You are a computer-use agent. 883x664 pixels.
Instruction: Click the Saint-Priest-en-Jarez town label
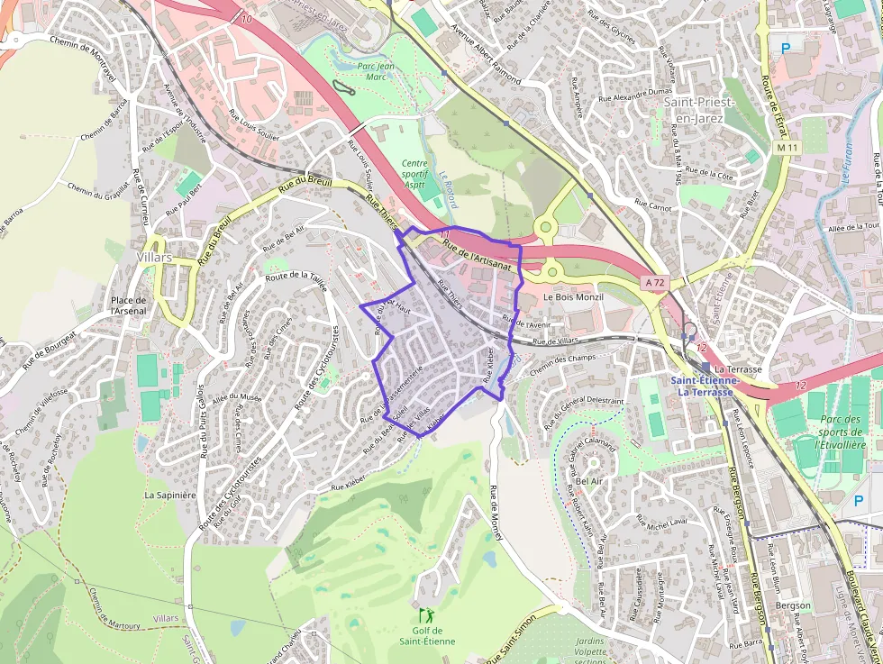(x=698, y=110)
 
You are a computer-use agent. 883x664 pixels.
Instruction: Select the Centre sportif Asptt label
(x=414, y=172)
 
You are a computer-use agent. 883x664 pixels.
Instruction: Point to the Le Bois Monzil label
(x=572, y=297)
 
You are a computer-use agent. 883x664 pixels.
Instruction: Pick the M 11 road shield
(x=787, y=147)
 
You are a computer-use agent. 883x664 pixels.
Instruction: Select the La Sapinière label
(x=169, y=495)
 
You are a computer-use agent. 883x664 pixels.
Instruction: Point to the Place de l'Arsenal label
(x=128, y=305)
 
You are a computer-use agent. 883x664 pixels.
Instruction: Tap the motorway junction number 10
(x=246, y=18)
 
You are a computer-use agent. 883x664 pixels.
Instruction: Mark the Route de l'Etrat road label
(x=774, y=91)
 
